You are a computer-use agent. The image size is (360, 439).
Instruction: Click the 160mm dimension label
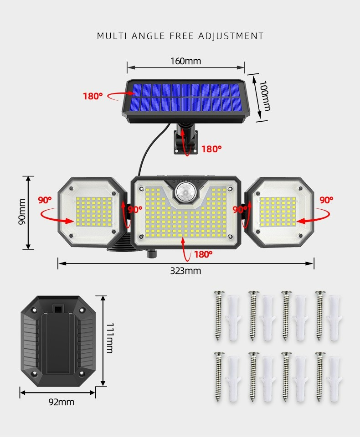pyautogui.click(x=185, y=61)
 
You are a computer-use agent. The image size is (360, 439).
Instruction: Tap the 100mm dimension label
pyautogui.click(x=265, y=96)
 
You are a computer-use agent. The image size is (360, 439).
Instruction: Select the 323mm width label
pyautogui.click(x=185, y=271)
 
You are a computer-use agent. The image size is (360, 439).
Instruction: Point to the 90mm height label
pyautogui.click(x=22, y=212)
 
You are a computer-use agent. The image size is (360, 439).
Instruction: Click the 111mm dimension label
pyautogui.click(x=110, y=338)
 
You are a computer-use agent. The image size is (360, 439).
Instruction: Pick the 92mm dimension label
pyautogui.click(x=62, y=402)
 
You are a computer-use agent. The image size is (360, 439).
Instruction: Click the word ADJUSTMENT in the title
pyautogui.click(x=231, y=36)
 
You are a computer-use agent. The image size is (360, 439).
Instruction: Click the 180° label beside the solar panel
pyautogui.click(x=93, y=96)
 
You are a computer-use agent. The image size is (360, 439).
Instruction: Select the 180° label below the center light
pyautogui.click(x=203, y=254)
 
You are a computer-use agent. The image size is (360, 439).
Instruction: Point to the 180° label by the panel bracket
pyautogui.click(x=211, y=149)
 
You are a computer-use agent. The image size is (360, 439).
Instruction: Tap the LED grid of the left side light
pyautogui.click(x=94, y=212)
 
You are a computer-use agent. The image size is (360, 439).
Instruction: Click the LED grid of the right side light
pyautogui.click(x=278, y=212)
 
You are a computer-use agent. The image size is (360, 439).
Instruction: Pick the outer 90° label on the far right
pyautogui.click(x=326, y=200)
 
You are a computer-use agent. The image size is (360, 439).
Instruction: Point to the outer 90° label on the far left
pyautogui.click(x=45, y=200)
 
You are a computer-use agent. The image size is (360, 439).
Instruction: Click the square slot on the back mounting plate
pyautogui.click(x=58, y=309)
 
